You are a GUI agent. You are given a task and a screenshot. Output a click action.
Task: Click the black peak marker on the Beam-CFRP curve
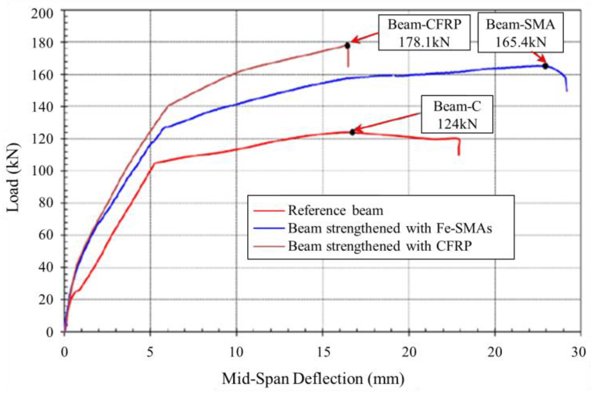(x=347, y=45)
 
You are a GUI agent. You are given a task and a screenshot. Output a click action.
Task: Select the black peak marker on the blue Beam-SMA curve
(x=545, y=66)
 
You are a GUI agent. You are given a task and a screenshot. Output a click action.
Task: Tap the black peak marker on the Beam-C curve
(x=352, y=132)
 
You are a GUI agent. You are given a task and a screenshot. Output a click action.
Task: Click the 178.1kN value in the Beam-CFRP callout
(x=424, y=42)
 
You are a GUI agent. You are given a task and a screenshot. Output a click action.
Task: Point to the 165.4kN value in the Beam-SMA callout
(x=521, y=42)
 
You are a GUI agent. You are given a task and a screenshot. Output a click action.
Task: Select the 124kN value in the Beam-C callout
(x=457, y=124)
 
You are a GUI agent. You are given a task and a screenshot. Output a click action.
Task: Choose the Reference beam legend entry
(x=335, y=210)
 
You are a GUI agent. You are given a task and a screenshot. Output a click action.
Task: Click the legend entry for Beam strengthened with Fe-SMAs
(x=390, y=228)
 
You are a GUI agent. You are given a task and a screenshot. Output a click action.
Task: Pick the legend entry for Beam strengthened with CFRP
(x=380, y=246)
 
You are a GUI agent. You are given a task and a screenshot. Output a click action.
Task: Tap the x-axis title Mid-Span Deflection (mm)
(x=313, y=379)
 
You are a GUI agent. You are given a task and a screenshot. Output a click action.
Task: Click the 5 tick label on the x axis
(x=150, y=352)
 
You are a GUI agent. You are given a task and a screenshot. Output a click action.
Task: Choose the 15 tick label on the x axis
(x=323, y=352)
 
